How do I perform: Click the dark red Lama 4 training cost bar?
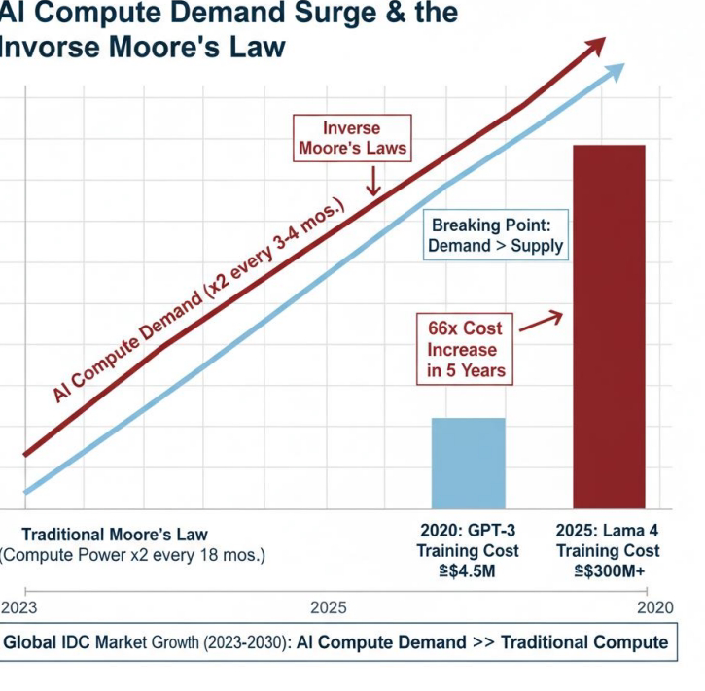click(609, 326)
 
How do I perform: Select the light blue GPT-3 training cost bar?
click(468, 463)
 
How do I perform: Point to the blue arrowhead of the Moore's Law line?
click(614, 72)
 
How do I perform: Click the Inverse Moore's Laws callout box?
click(351, 138)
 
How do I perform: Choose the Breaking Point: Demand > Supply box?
click(496, 234)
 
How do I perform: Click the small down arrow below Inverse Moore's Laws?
click(370, 181)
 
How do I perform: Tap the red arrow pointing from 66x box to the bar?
click(541, 320)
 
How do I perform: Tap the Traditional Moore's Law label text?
click(115, 535)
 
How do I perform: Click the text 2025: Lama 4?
click(609, 530)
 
